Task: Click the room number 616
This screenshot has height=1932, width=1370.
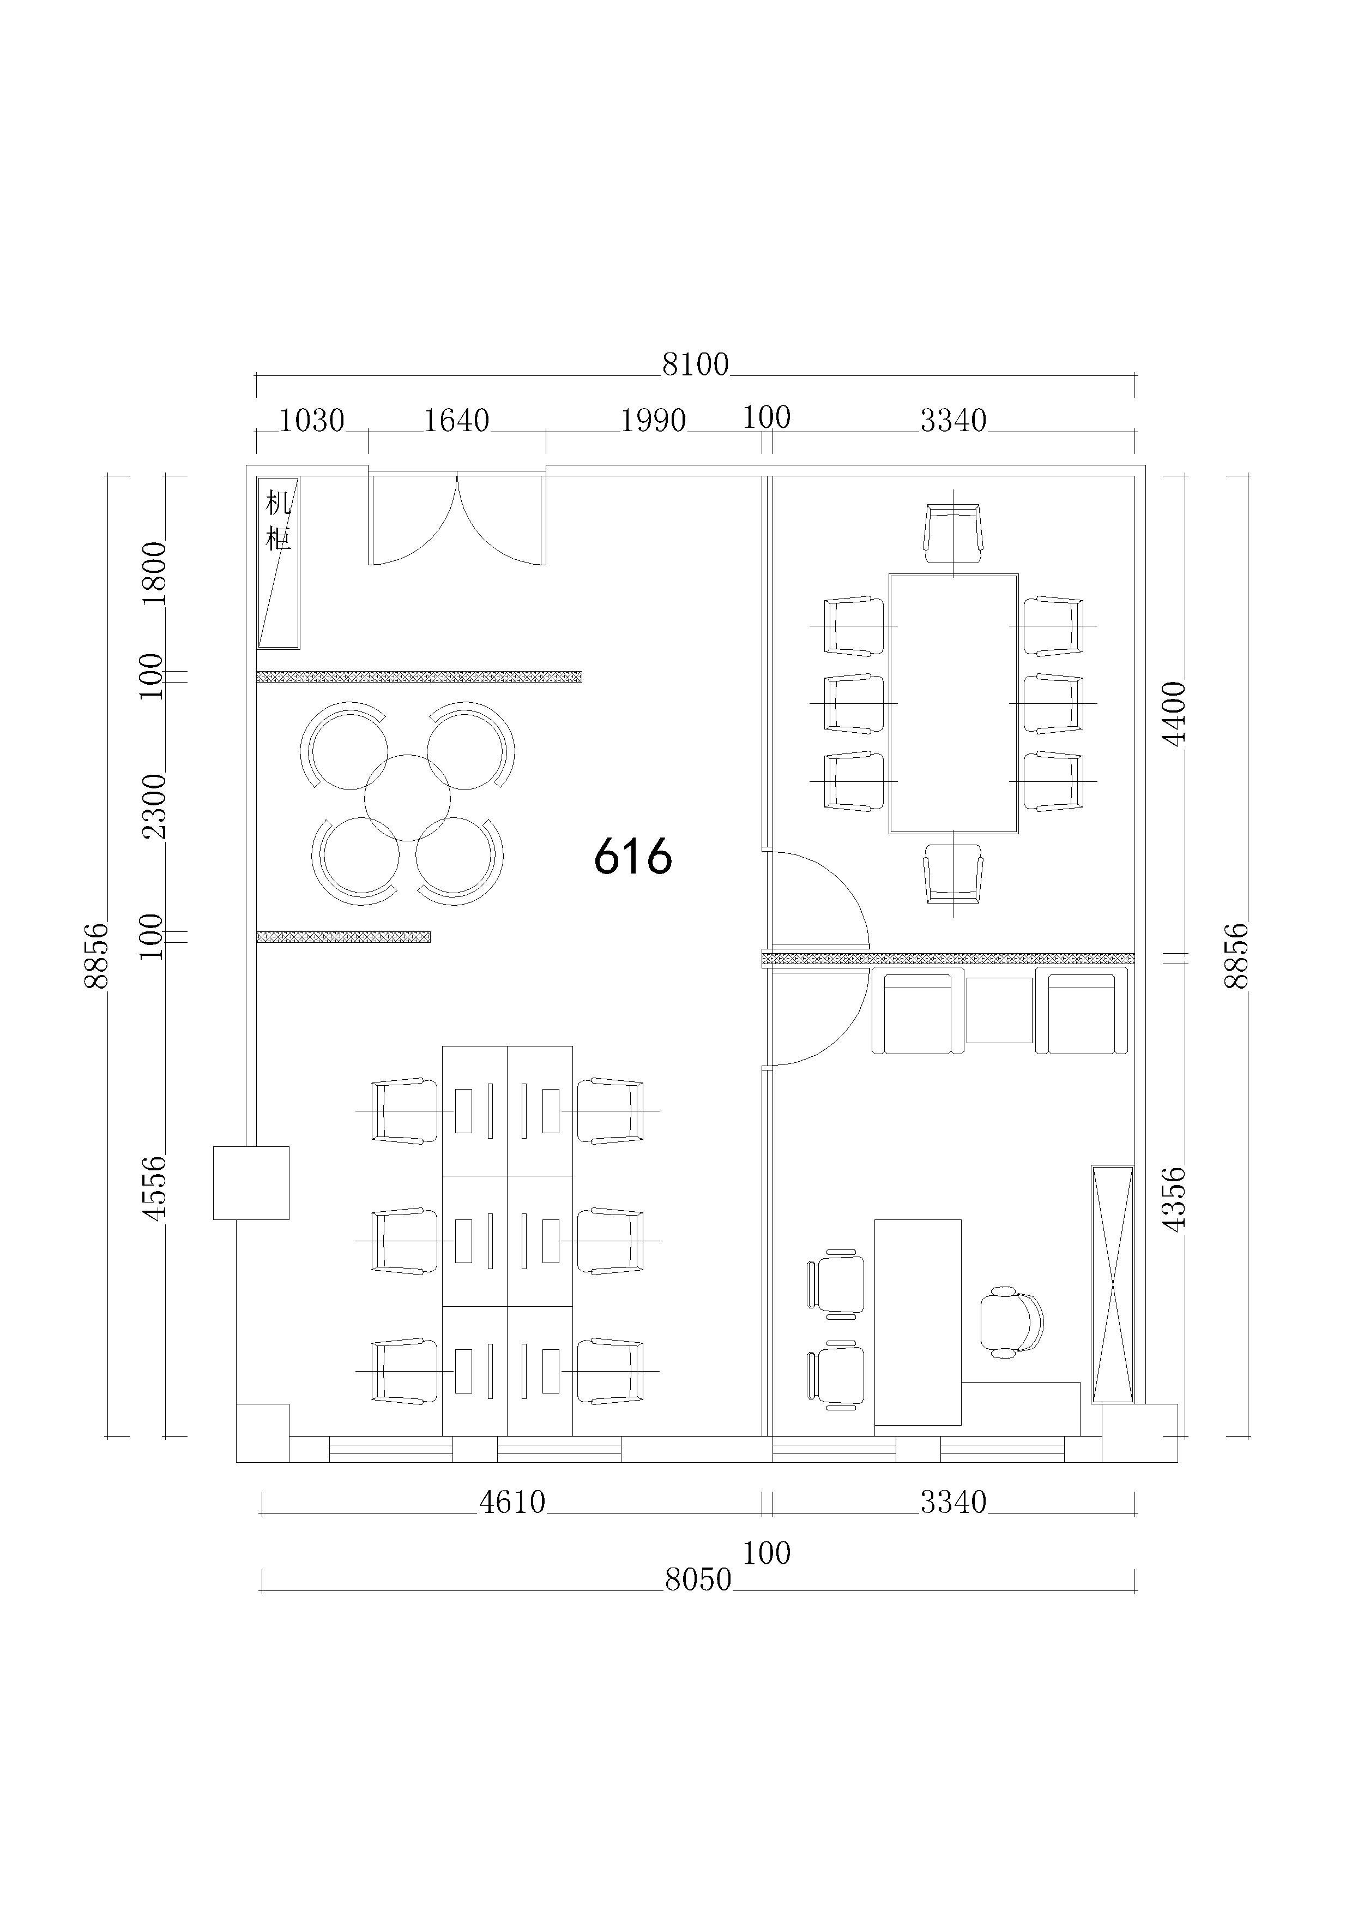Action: (633, 856)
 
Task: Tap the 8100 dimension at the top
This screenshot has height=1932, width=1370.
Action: (695, 364)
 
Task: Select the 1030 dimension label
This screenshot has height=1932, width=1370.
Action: (311, 420)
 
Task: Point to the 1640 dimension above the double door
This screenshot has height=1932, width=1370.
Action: (456, 420)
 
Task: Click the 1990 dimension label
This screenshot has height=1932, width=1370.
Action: (654, 420)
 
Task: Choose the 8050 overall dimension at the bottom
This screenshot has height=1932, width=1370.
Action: (698, 1579)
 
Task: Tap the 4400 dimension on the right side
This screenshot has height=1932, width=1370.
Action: (1174, 713)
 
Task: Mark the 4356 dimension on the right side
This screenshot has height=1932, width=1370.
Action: (1174, 1199)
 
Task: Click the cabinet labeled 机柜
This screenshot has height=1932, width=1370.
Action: (279, 563)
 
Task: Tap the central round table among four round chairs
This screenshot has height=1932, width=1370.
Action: (407, 798)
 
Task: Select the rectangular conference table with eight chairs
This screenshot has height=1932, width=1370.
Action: (953, 704)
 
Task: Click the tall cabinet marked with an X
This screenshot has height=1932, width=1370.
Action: (1113, 1284)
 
